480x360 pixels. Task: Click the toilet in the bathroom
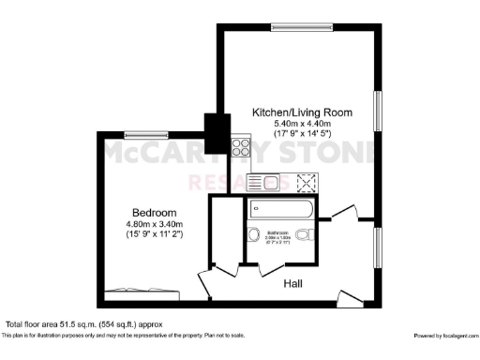pyautogui.click(x=302, y=234)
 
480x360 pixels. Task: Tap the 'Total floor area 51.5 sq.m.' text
pyautogui.click(x=84, y=324)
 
